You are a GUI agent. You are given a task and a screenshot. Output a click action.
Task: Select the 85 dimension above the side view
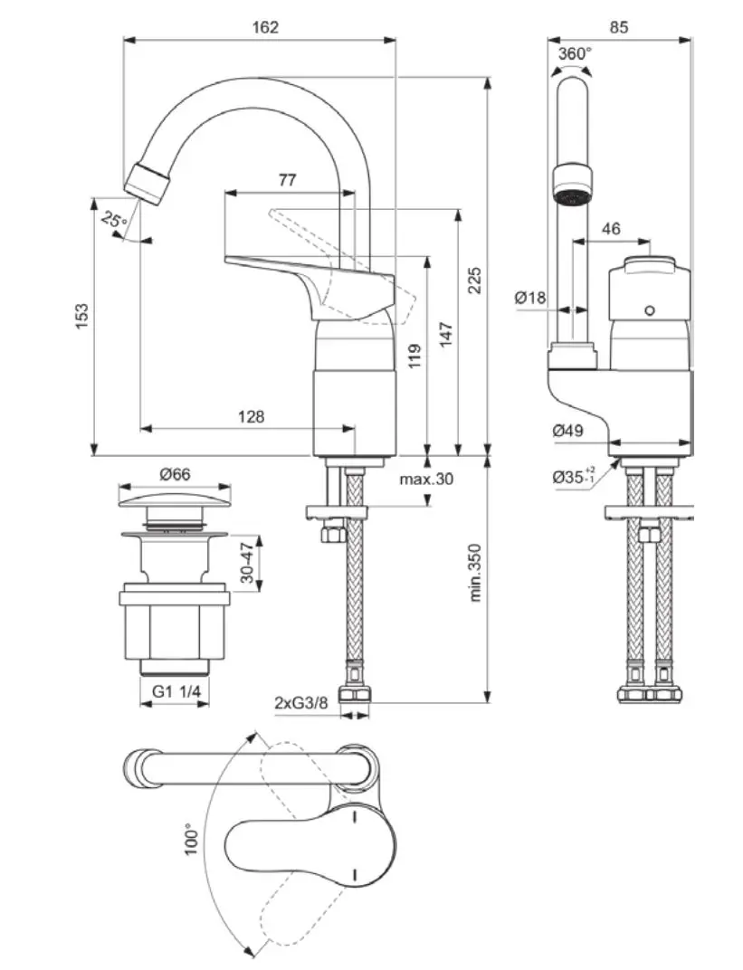pos(618,27)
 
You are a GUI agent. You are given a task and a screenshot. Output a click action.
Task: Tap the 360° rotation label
pos(574,54)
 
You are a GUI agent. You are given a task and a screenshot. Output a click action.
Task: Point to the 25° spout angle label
pos(113,219)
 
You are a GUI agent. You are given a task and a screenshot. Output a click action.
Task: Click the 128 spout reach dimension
pos(251,416)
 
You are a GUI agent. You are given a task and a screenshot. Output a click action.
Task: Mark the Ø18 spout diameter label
pos(531,297)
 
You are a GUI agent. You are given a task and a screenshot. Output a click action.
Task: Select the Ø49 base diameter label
pos(567,432)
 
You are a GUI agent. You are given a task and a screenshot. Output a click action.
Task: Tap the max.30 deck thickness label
pos(426,479)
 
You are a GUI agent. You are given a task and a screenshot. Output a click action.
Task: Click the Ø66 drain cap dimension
pos(175,474)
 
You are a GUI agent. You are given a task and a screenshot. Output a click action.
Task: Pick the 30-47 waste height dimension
pos(246,563)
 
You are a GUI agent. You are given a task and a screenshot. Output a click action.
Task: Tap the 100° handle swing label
pos(190,839)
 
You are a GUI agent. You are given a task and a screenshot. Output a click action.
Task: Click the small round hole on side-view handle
pos(649,311)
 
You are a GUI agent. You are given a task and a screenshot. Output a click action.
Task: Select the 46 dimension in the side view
pos(611,229)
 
